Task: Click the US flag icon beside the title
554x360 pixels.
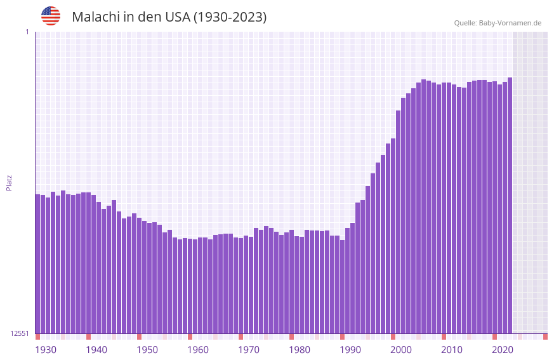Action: [x=51, y=16]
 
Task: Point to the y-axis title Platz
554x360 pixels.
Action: [x=9, y=183]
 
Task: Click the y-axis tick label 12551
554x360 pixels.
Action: [x=20, y=333]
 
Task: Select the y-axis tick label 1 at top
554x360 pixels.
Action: [x=27, y=32]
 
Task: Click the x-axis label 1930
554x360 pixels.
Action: [x=46, y=350]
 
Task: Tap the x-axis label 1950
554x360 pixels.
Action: [x=147, y=350]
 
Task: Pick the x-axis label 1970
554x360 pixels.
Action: [x=249, y=350]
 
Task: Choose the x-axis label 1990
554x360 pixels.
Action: [x=350, y=350]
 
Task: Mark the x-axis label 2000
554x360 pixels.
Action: [x=401, y=350]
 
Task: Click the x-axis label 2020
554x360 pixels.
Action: [x=503, y=350]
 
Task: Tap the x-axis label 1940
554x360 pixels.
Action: [x=96, y=350]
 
